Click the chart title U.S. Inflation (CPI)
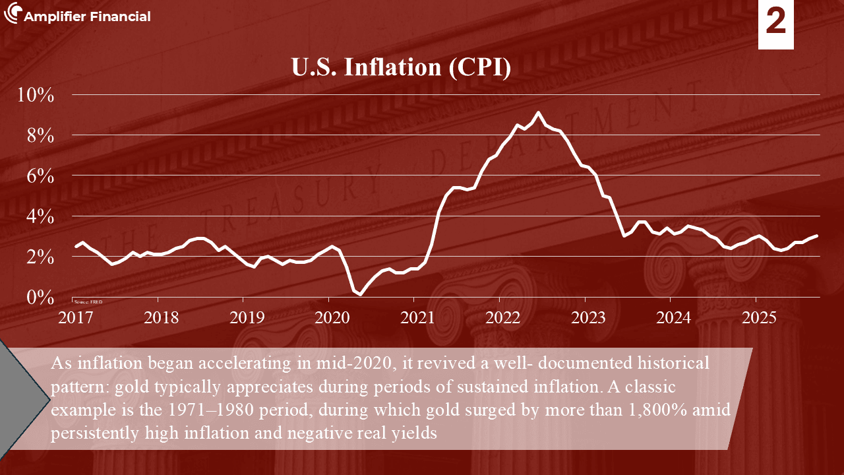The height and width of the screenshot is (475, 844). tap(401, 68)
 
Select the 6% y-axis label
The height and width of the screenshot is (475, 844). tap(40, 175)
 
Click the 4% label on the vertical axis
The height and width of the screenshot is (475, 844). tap(40, 216)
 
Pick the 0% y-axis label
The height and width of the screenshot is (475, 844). tap(40, 298)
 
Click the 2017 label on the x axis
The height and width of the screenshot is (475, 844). tap(76, 318)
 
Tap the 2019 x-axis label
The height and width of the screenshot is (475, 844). tap(247, 318)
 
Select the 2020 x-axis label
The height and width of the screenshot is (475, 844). tap(332, 318)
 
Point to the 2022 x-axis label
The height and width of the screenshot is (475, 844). tap(503, 318)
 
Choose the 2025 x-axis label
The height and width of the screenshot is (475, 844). tap(759, 318)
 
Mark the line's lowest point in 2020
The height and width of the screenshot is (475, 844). tap(360, 294)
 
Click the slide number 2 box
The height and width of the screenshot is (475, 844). tap(776, 24)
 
